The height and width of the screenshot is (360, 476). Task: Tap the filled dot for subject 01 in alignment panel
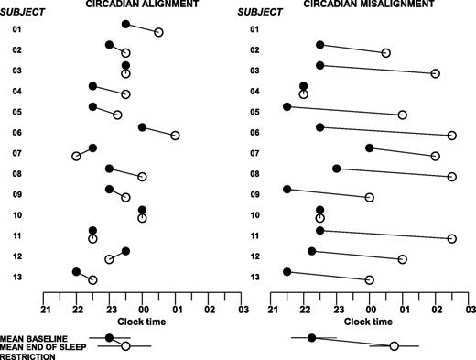(x=125, y=24)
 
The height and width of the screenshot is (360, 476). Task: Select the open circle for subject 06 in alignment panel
(x=175, y=136)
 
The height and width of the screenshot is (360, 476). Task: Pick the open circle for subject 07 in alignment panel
(x=76, y=157)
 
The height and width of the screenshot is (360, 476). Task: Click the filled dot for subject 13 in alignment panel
(x=76, y=271)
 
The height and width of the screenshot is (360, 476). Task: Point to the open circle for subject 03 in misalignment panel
(x=436, y=73)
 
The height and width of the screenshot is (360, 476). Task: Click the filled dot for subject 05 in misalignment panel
(x=287, y=106)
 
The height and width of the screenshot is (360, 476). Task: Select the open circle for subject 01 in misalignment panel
(x=385, y=53)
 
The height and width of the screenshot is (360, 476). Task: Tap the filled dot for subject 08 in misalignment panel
(x=337, y=169)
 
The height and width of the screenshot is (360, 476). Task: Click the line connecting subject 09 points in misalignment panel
(x=329, y=193)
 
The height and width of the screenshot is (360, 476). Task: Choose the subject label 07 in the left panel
(x=16, y=152)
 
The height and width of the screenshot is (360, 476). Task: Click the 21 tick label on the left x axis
(x=43, y=309)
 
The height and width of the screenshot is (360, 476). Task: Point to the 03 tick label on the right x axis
(x=470, y=309)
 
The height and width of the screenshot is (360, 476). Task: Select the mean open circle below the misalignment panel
(x=394, y=346)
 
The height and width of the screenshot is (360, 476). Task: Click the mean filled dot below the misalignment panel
(x=312, y=338)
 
